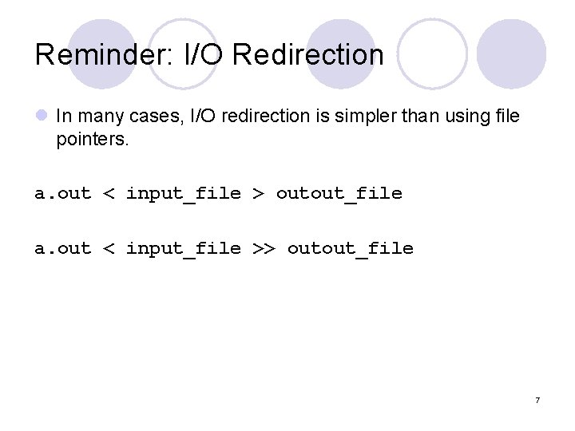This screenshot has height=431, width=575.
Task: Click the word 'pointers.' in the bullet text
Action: pos(88,140)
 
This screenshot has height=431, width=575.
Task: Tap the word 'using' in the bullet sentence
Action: pos(458,117)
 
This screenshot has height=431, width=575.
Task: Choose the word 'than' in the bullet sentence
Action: pos(410,117)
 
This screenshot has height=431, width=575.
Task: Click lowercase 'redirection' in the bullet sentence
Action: pos(267,117)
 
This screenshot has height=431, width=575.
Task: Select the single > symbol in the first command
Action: pos(258,193)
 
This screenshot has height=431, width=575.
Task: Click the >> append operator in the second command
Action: pos(264,248)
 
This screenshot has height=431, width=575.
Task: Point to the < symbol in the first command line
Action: pos(109,193)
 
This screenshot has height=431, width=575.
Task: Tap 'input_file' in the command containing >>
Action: pos(183,248)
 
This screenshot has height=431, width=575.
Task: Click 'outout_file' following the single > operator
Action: pos(339,193)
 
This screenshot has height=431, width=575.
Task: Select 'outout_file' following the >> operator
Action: pos(350,248)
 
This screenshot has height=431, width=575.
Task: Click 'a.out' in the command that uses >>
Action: pos(62,248)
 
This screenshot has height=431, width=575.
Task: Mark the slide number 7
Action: pos(537,400)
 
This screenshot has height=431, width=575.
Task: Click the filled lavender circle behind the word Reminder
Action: pos(101,40)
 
